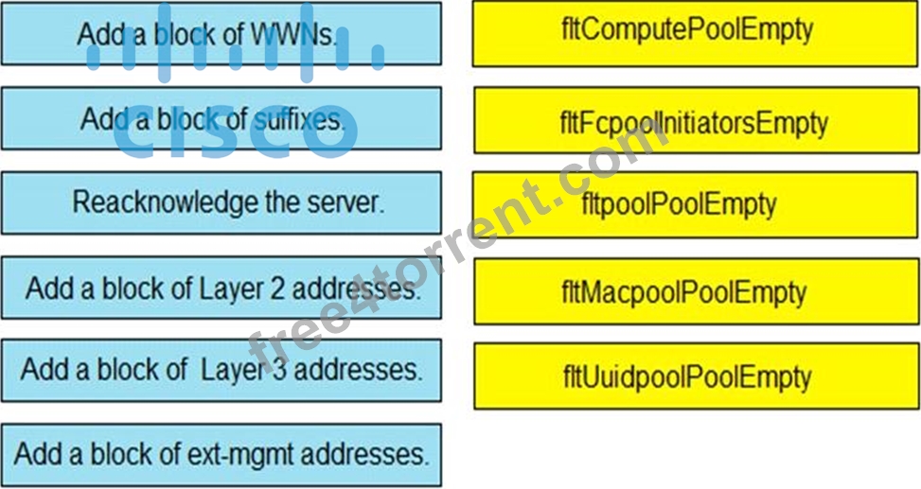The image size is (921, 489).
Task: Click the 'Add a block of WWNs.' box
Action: point(221,33)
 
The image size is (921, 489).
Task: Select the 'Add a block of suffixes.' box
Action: point(221,118)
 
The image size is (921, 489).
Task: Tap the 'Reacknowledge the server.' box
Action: point(221,202)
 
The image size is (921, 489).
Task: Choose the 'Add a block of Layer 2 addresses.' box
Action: point(221,288)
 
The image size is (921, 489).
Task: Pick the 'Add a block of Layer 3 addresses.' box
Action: point(221,371)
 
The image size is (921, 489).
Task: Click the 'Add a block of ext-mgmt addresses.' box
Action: point(221,455)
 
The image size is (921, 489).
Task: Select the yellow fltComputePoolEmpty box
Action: point(695,33)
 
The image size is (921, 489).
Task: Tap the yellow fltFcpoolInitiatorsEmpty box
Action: point(697,120)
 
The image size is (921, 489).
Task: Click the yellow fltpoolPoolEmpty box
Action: point(696,205)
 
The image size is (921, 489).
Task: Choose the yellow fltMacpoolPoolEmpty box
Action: point(697,291)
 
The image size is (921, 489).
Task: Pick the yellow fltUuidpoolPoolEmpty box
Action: point(697,376)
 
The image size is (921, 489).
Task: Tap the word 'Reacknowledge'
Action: point(166,202)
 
